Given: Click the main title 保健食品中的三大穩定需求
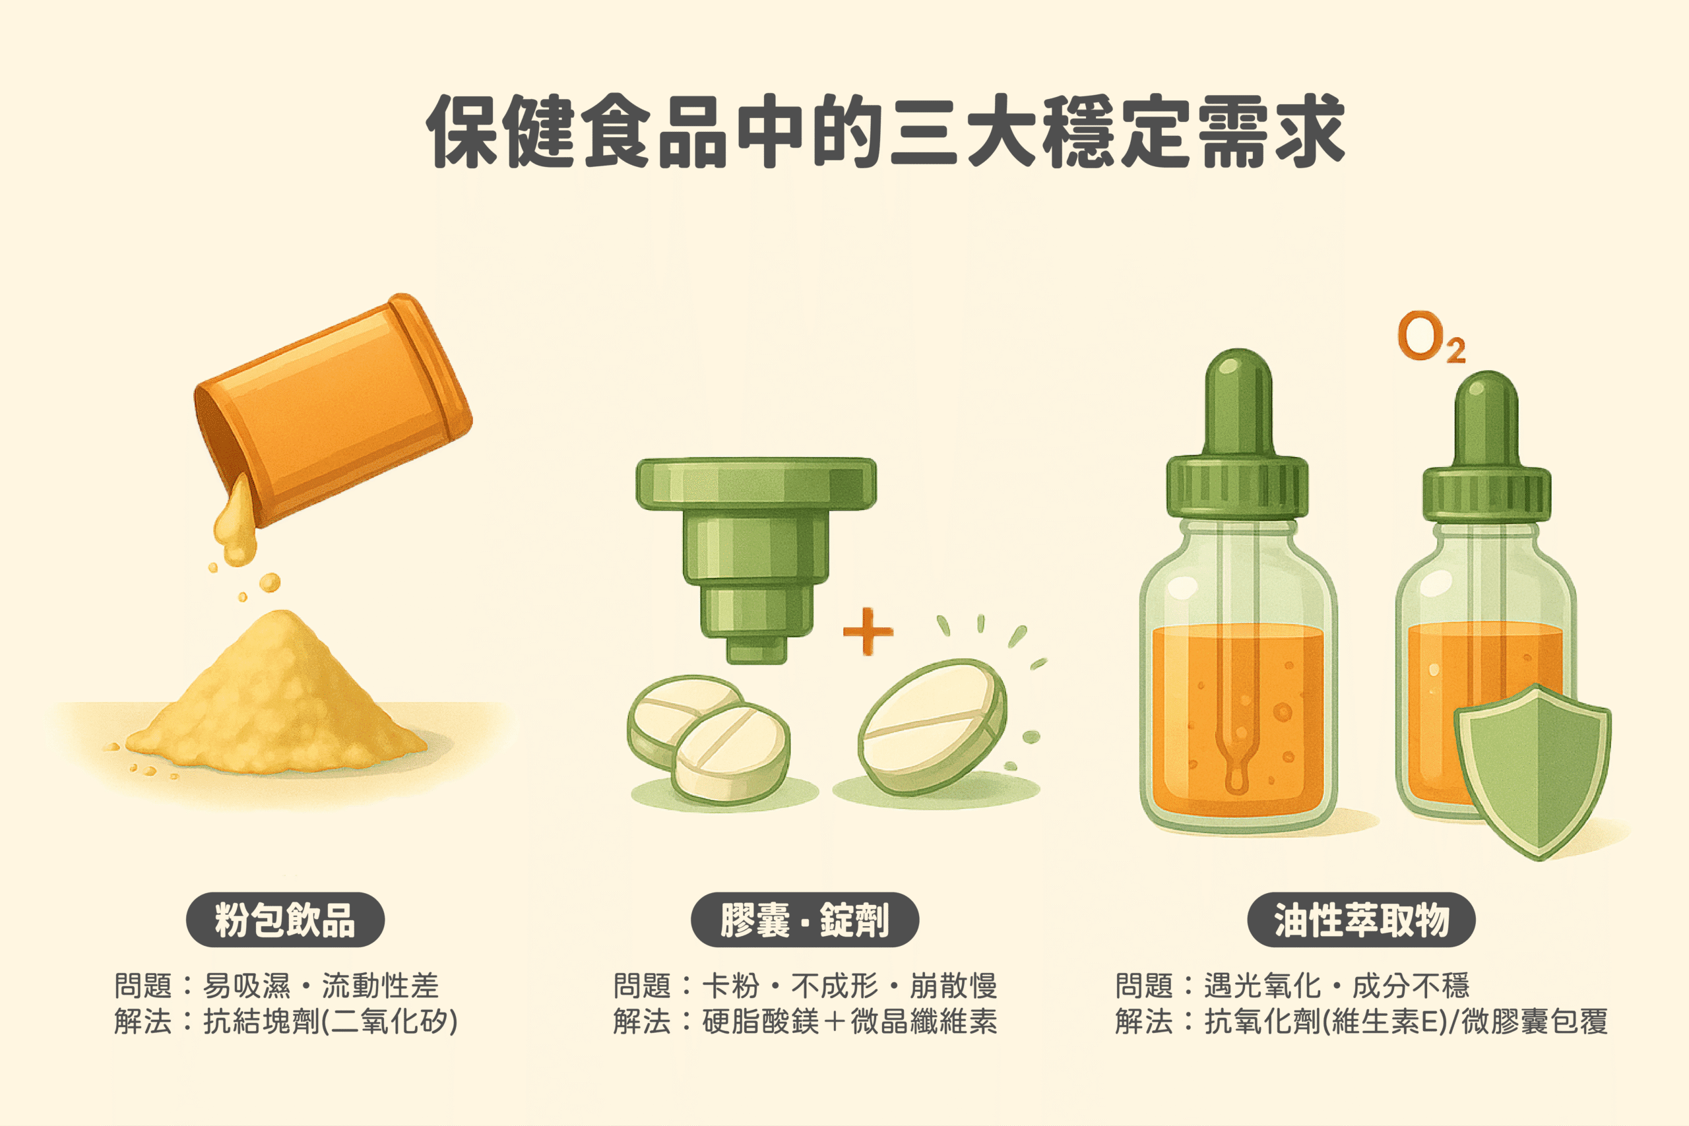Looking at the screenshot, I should click(x=885, y=131).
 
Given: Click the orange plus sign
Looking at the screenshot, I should click(x=868, y=631).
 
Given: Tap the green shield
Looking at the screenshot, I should click(x=1531, y=772).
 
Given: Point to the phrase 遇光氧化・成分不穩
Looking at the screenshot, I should click(x=1337, y=986).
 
